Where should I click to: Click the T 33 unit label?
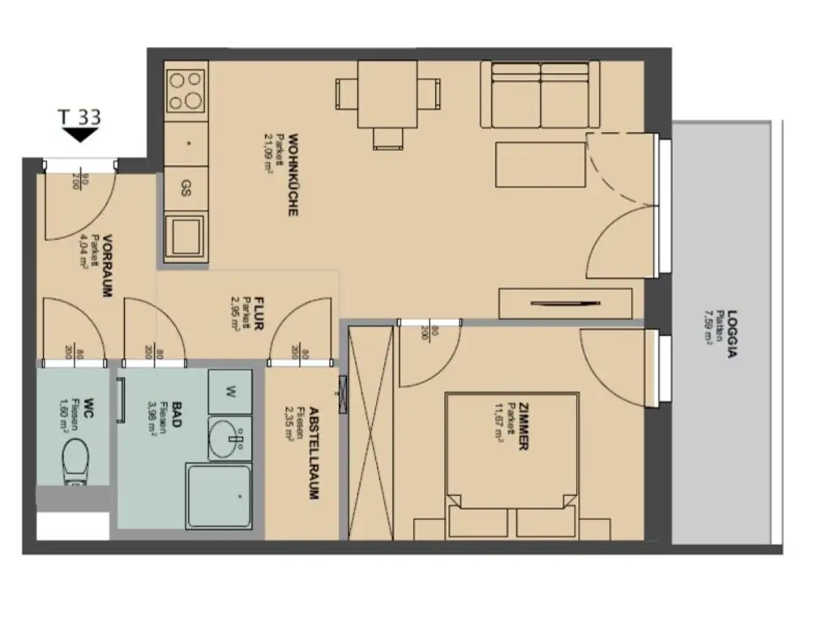[80, 117]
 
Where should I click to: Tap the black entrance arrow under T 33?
[79, 135]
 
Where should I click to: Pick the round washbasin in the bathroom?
[228, 440]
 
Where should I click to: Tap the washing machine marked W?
[230, 393]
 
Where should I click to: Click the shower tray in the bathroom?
[219, 495]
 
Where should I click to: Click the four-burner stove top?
[186, 90]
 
